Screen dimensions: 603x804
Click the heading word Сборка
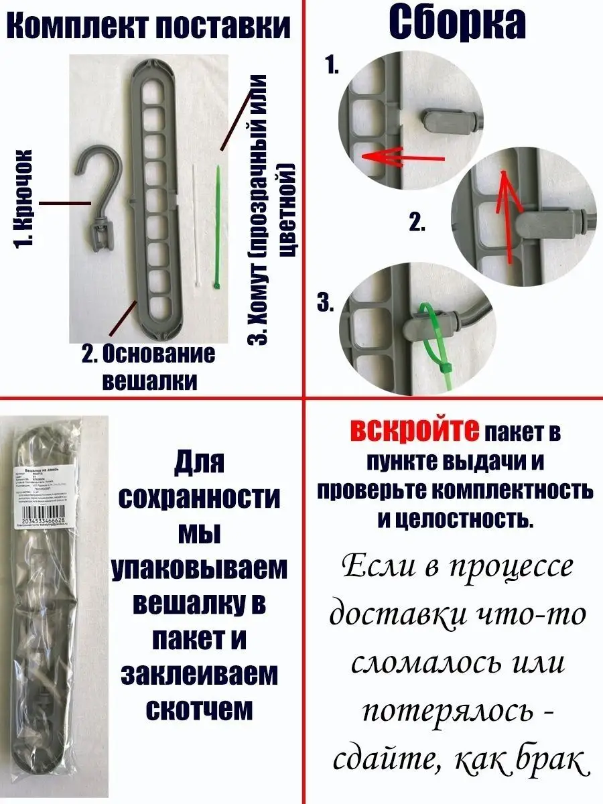(x=458, y=25)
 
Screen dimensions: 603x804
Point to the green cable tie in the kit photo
(x=217, y=228)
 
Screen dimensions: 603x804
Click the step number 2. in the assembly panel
(x=417, y=223)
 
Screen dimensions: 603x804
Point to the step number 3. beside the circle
(x=326, y=304)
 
